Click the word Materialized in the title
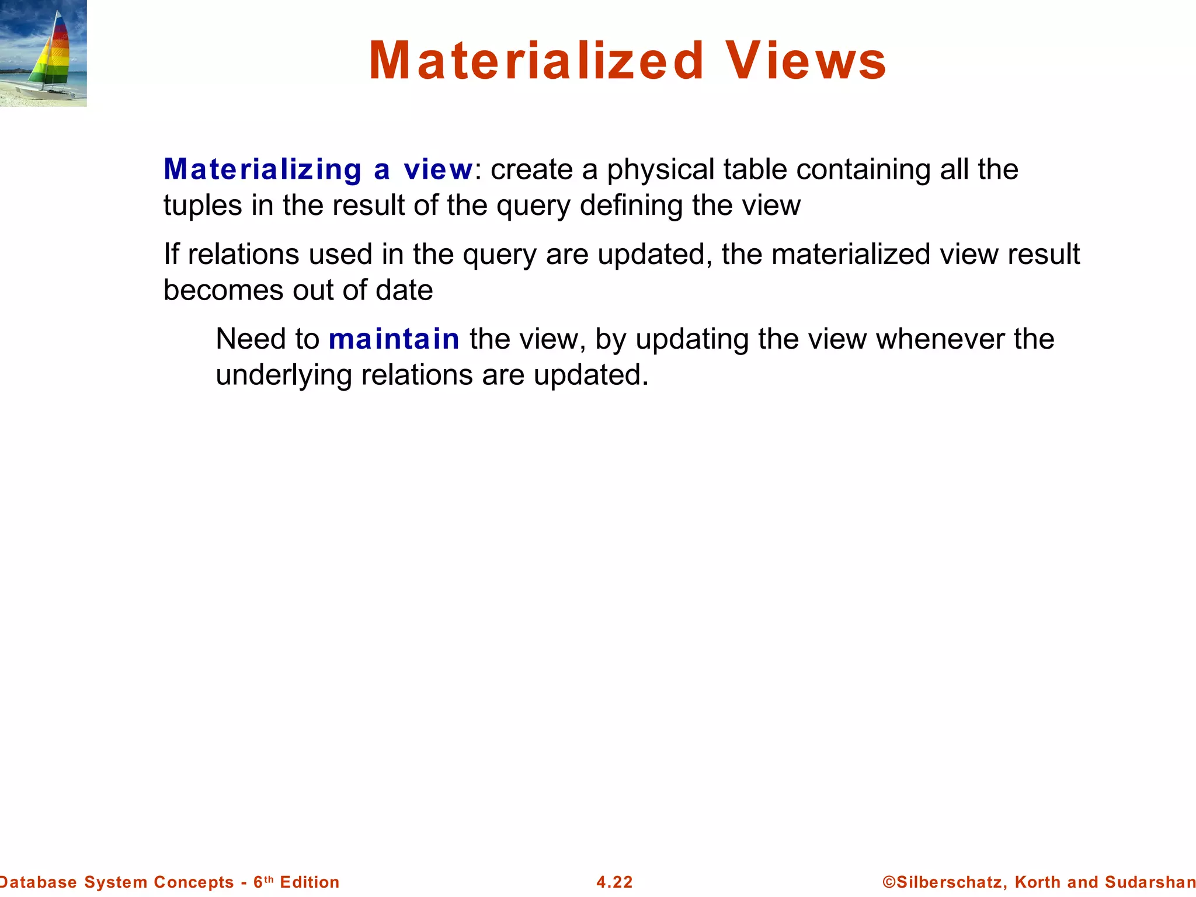[536, 61]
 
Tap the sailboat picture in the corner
[43, 53]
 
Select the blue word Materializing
[262, 170]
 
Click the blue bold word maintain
[394, 339]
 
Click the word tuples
[202, 206]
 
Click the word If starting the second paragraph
[171, 254]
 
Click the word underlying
[283, 376]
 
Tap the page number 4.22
[614, 882]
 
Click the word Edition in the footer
[310, 882]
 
